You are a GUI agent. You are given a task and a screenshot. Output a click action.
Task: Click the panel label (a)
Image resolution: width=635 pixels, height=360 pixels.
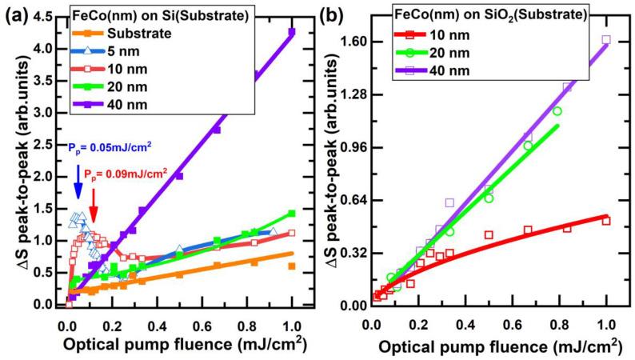pos(16,14)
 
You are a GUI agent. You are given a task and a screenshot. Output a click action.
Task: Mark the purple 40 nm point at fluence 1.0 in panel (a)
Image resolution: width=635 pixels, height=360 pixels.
pos(292,32)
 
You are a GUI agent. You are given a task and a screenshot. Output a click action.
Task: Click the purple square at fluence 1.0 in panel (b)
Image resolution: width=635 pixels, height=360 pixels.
pos(605,39)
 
